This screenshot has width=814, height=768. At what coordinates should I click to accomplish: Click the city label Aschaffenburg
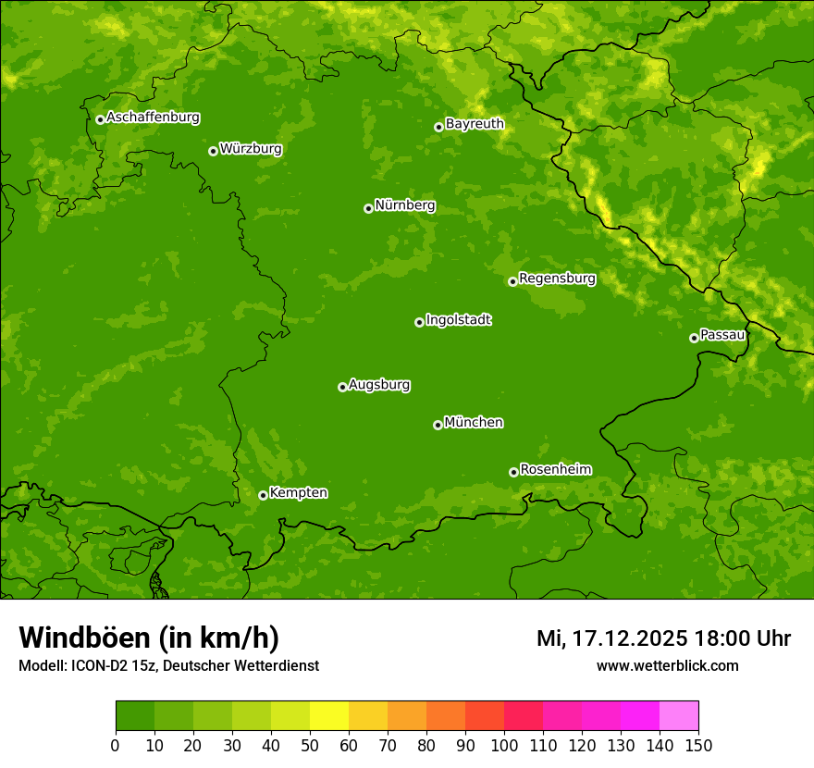153,118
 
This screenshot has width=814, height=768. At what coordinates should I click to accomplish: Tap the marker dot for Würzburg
213,151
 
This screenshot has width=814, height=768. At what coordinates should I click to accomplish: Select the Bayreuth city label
475,124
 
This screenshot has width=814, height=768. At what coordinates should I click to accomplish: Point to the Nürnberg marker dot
368,208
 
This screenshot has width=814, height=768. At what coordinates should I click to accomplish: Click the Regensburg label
557,279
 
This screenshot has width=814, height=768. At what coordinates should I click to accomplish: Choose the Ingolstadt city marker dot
419,322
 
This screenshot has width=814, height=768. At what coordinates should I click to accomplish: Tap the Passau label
722,335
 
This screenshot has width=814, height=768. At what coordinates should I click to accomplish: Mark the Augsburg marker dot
342,387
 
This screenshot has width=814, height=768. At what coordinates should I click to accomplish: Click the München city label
474,423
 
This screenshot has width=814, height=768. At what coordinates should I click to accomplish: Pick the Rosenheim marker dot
513,472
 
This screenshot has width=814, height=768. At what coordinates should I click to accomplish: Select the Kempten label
298,493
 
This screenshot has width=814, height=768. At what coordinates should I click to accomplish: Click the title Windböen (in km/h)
149,638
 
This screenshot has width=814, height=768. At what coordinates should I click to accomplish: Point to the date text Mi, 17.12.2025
611,638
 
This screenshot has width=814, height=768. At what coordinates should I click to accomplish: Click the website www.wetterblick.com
667,665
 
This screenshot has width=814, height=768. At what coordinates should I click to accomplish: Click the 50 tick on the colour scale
310,745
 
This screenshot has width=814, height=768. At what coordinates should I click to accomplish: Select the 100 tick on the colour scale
504,745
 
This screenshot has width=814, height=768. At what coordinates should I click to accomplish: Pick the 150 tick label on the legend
698,745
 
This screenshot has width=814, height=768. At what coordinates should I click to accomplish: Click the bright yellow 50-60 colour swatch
329,716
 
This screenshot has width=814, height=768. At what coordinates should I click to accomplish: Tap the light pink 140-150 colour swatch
679,716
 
